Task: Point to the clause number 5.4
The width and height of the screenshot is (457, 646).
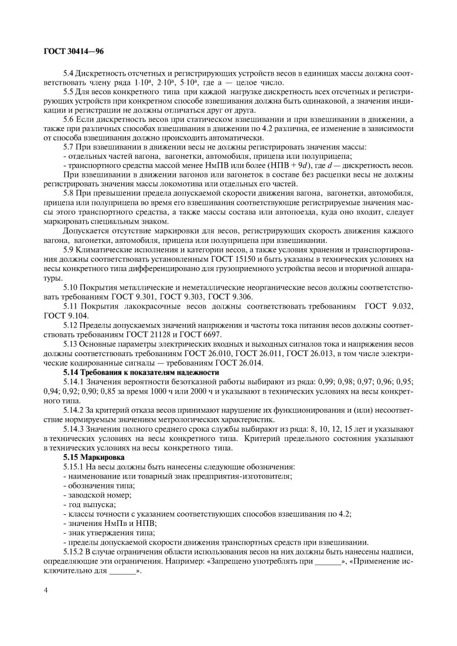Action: (x=69, y=74)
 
